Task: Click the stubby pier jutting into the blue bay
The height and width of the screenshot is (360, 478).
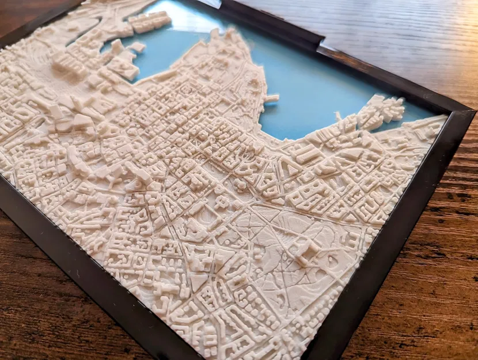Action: tap(271, 98)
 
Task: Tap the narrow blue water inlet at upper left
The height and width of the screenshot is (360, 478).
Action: tap(86, 35)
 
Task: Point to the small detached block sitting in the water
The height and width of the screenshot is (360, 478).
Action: tap(138, 47)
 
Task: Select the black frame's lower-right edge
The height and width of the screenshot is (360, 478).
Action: tap(397, 242)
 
